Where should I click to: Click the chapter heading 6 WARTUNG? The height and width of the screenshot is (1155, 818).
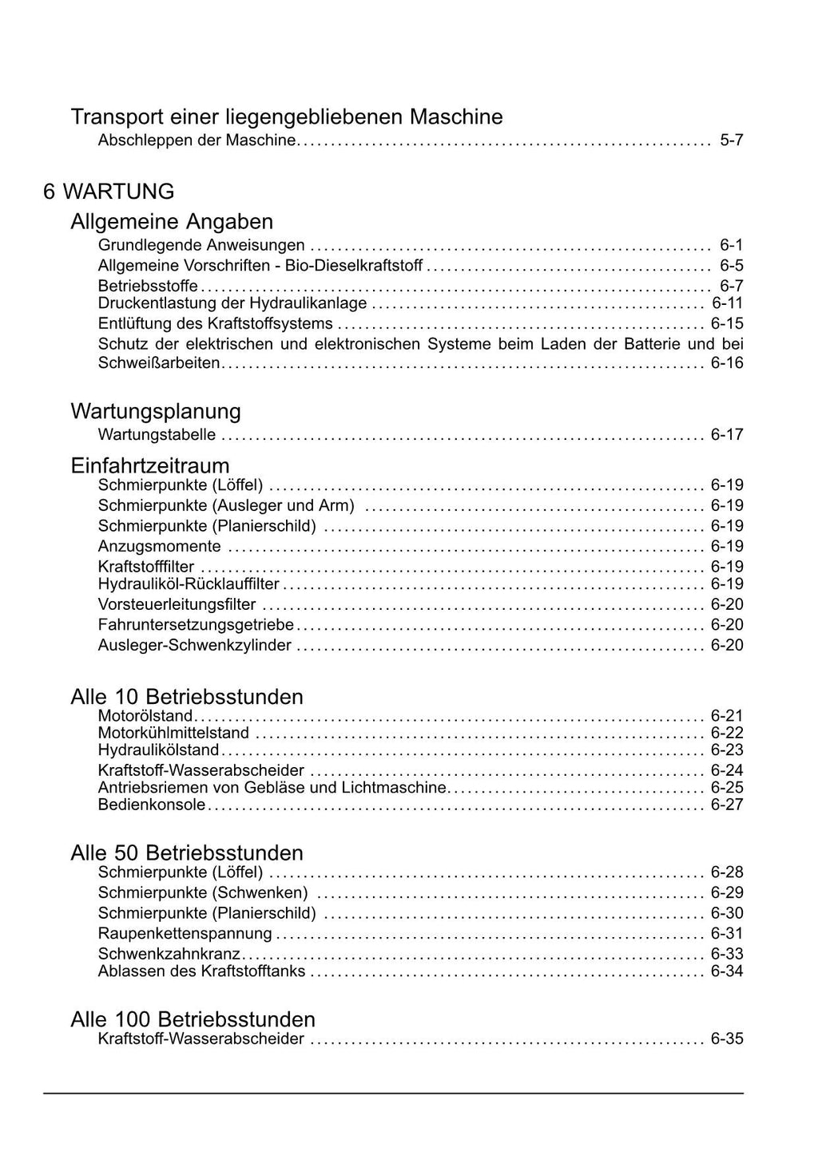(109, 192)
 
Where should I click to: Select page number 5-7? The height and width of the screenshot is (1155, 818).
(731, 140)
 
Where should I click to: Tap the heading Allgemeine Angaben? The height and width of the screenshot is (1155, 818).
(172, 221)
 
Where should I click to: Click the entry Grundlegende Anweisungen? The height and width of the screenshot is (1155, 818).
(201, 245)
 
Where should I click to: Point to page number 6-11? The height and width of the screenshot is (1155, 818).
(727, 303)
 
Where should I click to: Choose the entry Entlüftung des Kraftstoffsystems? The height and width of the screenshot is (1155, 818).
(215, 323)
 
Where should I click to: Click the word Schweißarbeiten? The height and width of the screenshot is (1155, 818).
(158, 363)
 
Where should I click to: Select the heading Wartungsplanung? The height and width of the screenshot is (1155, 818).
(156, 411)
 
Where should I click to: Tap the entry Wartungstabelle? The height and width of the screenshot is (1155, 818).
(157, 435)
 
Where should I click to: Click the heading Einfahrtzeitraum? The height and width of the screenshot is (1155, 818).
(150, 465)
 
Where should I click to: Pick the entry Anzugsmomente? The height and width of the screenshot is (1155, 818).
(159, 547)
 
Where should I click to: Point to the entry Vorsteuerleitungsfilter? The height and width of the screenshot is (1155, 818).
(177, 605)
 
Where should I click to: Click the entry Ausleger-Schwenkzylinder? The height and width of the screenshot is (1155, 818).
(194, 645)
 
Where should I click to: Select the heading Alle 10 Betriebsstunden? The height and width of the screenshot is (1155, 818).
(187, 697)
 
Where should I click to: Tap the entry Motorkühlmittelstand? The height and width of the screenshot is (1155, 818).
(173, 733)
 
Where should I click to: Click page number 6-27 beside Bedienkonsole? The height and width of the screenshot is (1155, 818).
(727, 805)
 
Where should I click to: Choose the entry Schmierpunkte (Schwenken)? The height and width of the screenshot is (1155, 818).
(203, 893)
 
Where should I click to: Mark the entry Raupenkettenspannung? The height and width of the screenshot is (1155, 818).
(185, 934)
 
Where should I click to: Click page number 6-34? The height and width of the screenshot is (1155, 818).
(727, 971)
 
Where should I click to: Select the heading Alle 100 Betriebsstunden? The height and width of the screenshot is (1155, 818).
(193, 1019)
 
